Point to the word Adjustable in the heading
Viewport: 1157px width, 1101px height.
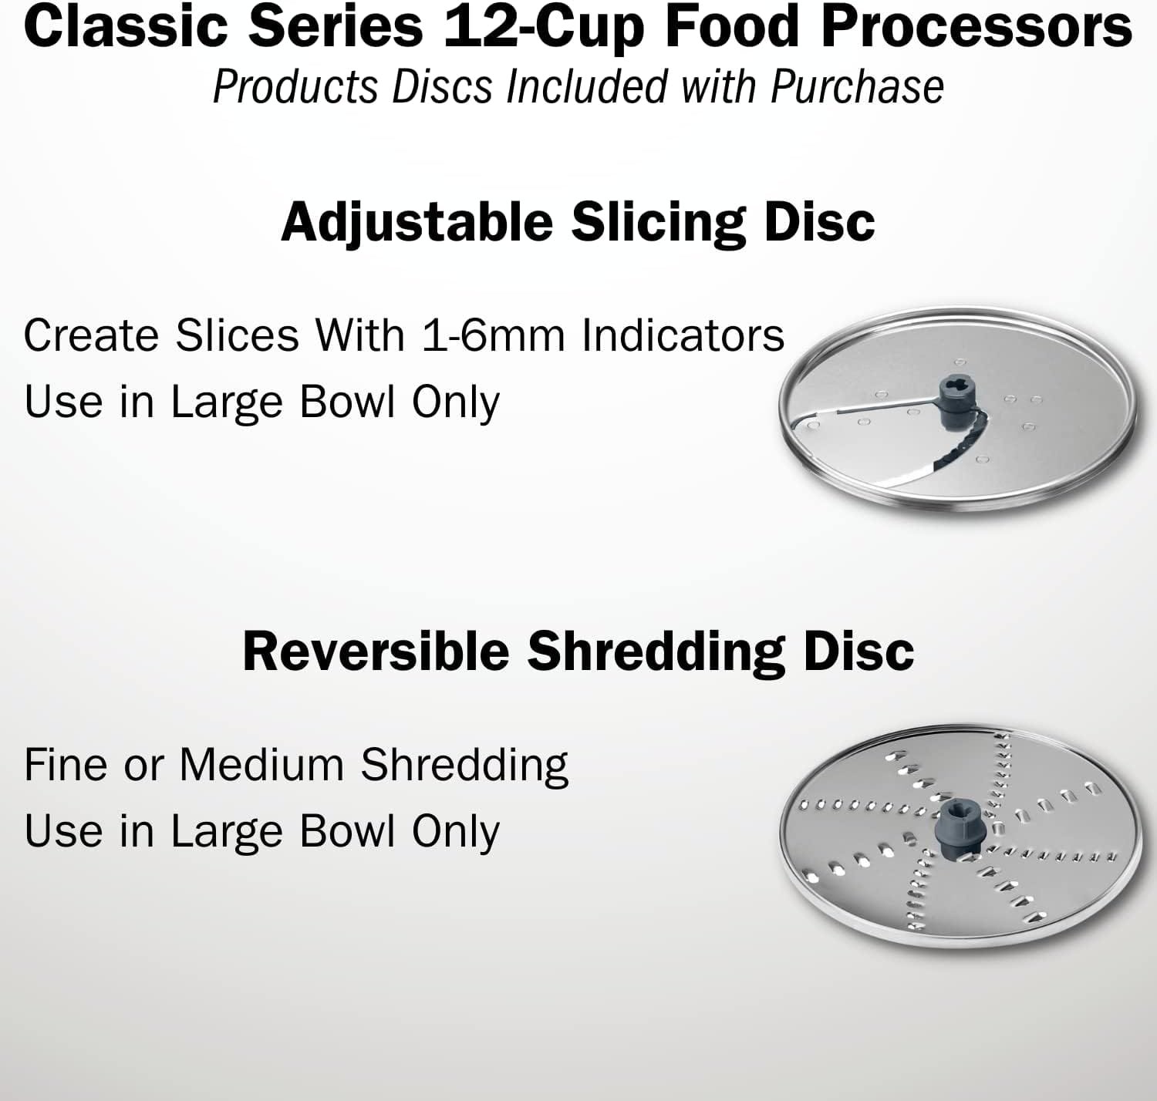pyautogui.click(x=417, y=222)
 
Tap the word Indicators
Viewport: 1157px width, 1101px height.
pyautogui.click(x=683, y=335)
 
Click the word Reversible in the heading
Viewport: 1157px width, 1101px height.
pyautogui.click(x=376, y=651)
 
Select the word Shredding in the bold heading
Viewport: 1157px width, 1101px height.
pyautogui.click(x=658, y=651)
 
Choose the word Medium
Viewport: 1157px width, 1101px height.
pyautogui.click(x=261, y=765)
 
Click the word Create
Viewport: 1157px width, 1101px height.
pyautogui.click(x=91, y=335)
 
